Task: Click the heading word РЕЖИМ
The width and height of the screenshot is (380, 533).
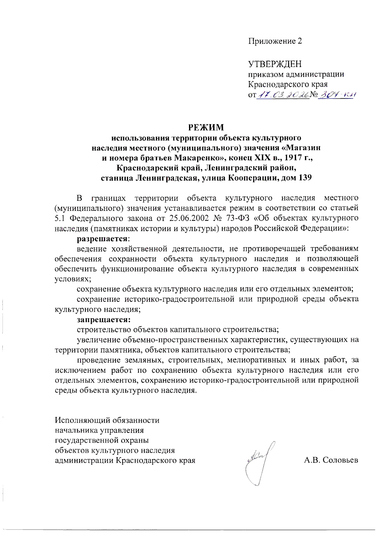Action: click(x=206, y=127)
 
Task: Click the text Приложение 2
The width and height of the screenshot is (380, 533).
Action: click(x=275, y=41)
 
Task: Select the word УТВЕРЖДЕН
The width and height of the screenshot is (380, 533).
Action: click(x=275, y=64)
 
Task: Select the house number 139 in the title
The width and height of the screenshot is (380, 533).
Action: click(x=305, y=178)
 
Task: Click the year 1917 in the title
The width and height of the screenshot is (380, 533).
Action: click(x=294, y=158)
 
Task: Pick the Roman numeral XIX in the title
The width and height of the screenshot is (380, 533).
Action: click(x=259, y=158)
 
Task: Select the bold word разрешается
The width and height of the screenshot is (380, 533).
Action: click(x=103, y=238)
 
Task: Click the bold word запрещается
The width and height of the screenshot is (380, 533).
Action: click(x=104, y=319)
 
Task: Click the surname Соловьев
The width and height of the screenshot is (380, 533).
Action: click(x=340, y=460)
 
